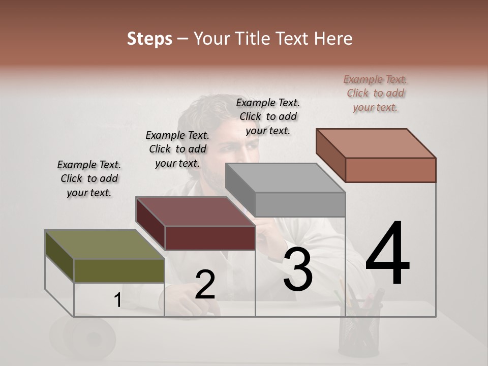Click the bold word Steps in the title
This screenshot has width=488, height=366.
(x=149, y=39)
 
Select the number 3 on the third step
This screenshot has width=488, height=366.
(x=298, y=270)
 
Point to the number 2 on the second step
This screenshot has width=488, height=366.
(x=205, y=285)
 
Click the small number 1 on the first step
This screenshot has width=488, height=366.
(x=117, y=301)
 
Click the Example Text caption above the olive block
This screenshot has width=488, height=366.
(x=89, y=178)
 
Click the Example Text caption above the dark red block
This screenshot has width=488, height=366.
(x=177, y=149)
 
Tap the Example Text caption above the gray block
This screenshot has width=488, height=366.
(x=268, y=116)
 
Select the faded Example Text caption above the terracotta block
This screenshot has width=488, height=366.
(x=375, y=93)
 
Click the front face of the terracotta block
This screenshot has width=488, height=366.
(x=390, y=170)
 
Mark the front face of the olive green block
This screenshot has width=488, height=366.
(x=119, y=270)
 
